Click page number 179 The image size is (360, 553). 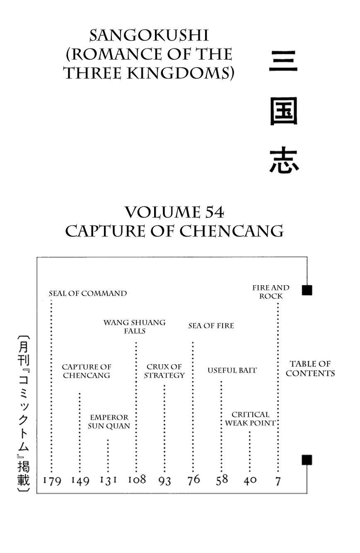click(52, 481)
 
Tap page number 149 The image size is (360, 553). click(80, 481)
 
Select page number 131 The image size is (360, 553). click(108, 480)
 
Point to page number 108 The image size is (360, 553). click(137, 480)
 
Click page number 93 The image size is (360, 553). click(164, 481)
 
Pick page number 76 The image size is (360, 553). click(193, 480)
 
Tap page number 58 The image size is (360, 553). click(222, 480)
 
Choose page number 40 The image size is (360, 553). click(250, 480)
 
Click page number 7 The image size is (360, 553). click(278, 481)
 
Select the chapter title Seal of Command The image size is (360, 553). click(88, 293)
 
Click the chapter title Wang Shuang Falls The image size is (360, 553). click(134, 327)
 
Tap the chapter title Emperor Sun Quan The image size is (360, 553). click(109, 421)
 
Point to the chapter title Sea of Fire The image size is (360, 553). click(211, 326)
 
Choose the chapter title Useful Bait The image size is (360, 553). click(232, 370)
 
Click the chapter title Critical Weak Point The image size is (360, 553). click(250, 419)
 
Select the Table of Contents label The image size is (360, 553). click(310, 368)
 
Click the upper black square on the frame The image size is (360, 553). click(307, 290)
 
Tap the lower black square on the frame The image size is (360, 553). click(307, 460)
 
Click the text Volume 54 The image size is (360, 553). click(174, 212)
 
